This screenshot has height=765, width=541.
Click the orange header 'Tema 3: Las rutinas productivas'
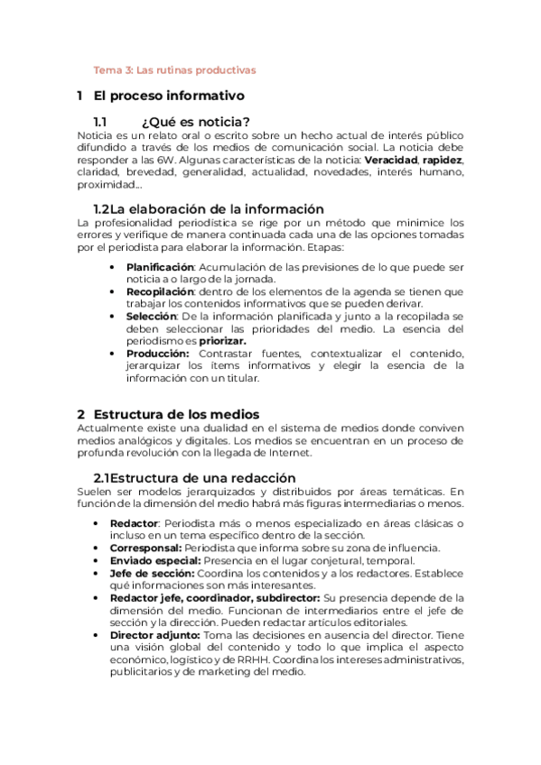[175, 69]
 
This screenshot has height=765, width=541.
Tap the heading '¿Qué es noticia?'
[195, 122]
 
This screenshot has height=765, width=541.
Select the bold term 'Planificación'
[160, 267]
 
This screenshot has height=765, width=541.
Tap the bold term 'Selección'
[151, 317]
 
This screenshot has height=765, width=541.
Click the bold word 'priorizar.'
[223, 341]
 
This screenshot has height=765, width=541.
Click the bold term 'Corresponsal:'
[145, 548]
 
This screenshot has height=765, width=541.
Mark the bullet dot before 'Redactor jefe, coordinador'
[97, 598]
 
